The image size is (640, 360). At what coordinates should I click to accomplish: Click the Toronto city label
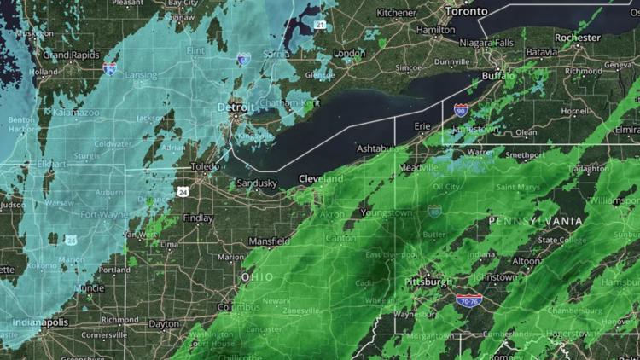coord(470,12)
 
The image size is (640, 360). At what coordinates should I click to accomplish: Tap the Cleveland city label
coord(320,178)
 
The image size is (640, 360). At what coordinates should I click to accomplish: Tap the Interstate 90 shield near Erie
coord(461,111)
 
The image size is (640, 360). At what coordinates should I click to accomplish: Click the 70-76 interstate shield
coord(468,301)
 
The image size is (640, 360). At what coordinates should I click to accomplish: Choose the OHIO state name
coord(257,277)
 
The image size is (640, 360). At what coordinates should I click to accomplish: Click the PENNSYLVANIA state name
coord(535,221)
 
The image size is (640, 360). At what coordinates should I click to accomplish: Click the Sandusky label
coord(257,183)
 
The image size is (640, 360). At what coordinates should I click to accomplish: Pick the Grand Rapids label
coord(67,55)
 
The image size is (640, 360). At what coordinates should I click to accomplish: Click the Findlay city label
coord(198,218)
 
